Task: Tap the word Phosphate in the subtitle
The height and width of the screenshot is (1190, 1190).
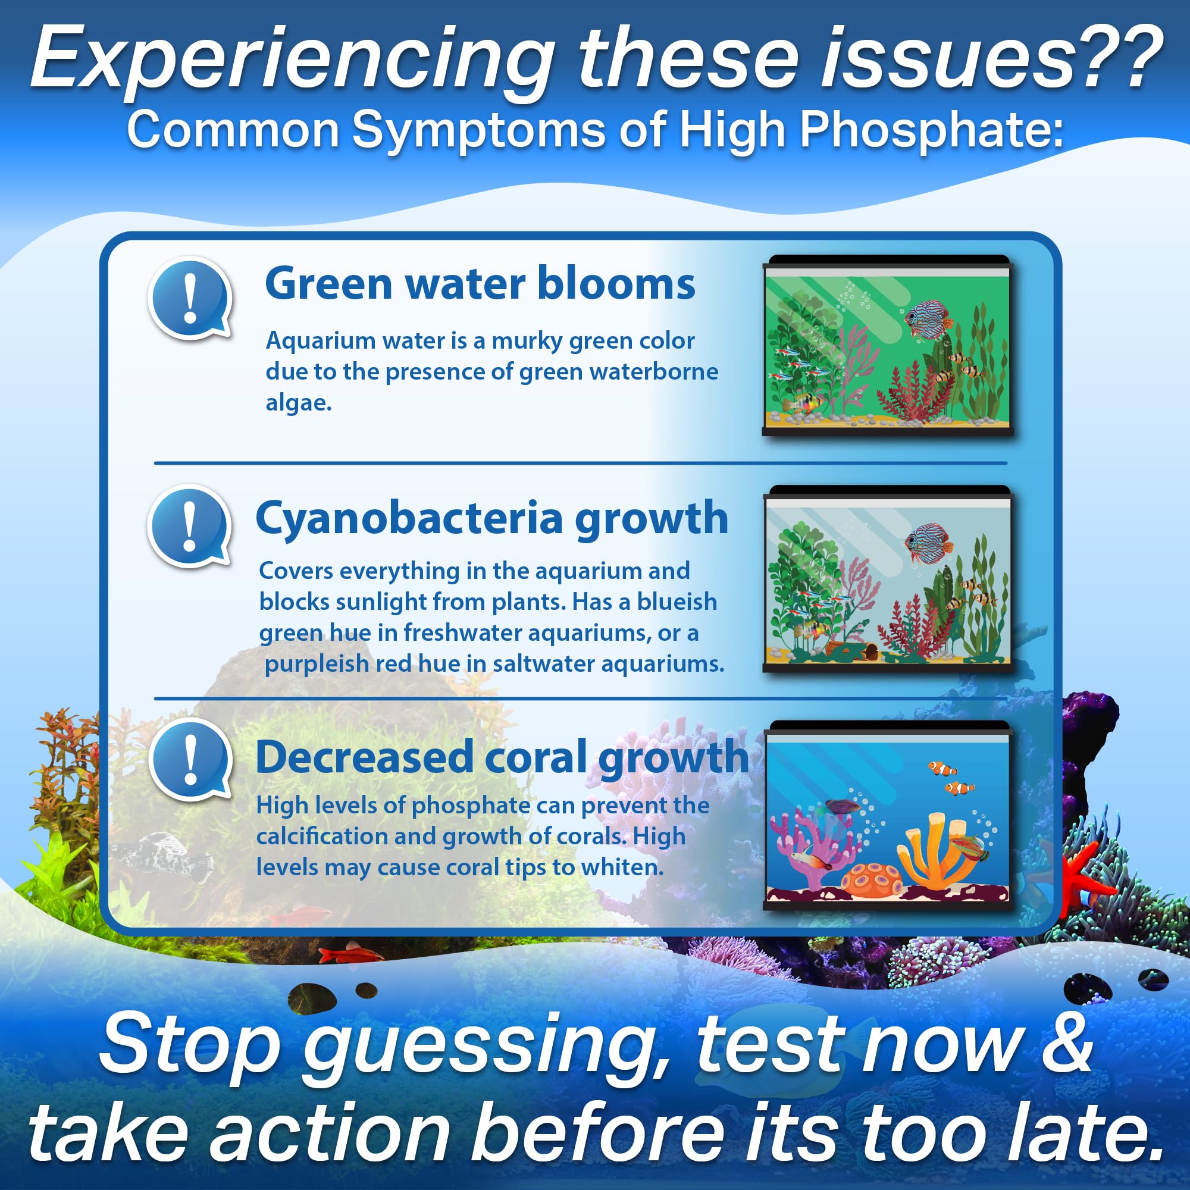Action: click(x=931, y=130)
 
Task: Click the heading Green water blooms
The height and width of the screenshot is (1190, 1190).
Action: click(x=480, y=283)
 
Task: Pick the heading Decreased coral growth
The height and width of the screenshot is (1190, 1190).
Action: click(x=502, y=758)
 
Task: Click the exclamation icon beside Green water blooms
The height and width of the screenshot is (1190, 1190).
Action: click(x=191, y=299)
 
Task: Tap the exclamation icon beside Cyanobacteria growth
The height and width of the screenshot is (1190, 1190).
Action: click(x=190, y=527)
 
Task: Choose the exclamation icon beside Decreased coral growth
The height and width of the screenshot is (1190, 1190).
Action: click(x=191, y=759)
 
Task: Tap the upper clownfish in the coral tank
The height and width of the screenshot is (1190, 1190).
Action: click(x=942, y=769)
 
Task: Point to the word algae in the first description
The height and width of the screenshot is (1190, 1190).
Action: click(x=299, y=403)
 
